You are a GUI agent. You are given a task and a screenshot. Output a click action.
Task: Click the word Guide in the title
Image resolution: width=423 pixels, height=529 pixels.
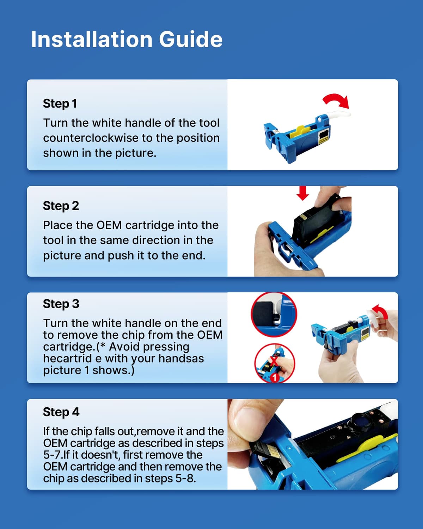(x=190, y=39)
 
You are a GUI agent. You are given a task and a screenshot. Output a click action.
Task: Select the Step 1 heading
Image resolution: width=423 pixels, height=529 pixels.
(x=60, y=103)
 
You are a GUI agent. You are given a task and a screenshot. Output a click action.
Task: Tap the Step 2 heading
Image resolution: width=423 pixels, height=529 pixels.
(x=61, y=206)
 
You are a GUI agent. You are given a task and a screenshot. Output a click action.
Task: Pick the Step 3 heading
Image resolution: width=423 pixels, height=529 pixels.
(x=61, y=304)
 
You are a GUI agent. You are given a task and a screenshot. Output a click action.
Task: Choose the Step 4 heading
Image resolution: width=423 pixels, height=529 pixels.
(x=61, y=412)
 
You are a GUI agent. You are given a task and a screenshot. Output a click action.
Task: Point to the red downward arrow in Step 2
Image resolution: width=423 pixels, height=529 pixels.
(x=302, y=193)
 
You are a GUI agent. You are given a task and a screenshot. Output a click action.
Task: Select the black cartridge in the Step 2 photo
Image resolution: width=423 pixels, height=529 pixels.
(x=315, y=223)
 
